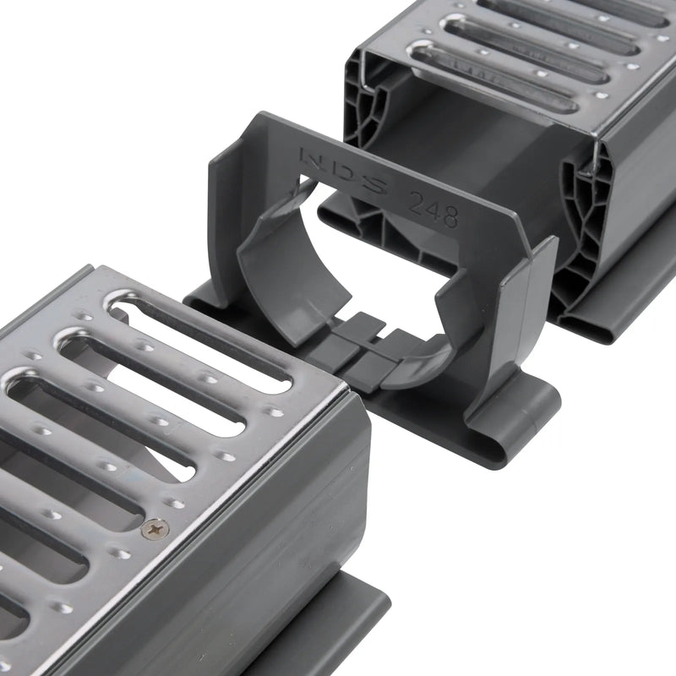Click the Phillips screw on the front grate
point(155,529)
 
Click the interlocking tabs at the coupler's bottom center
point(359,346)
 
